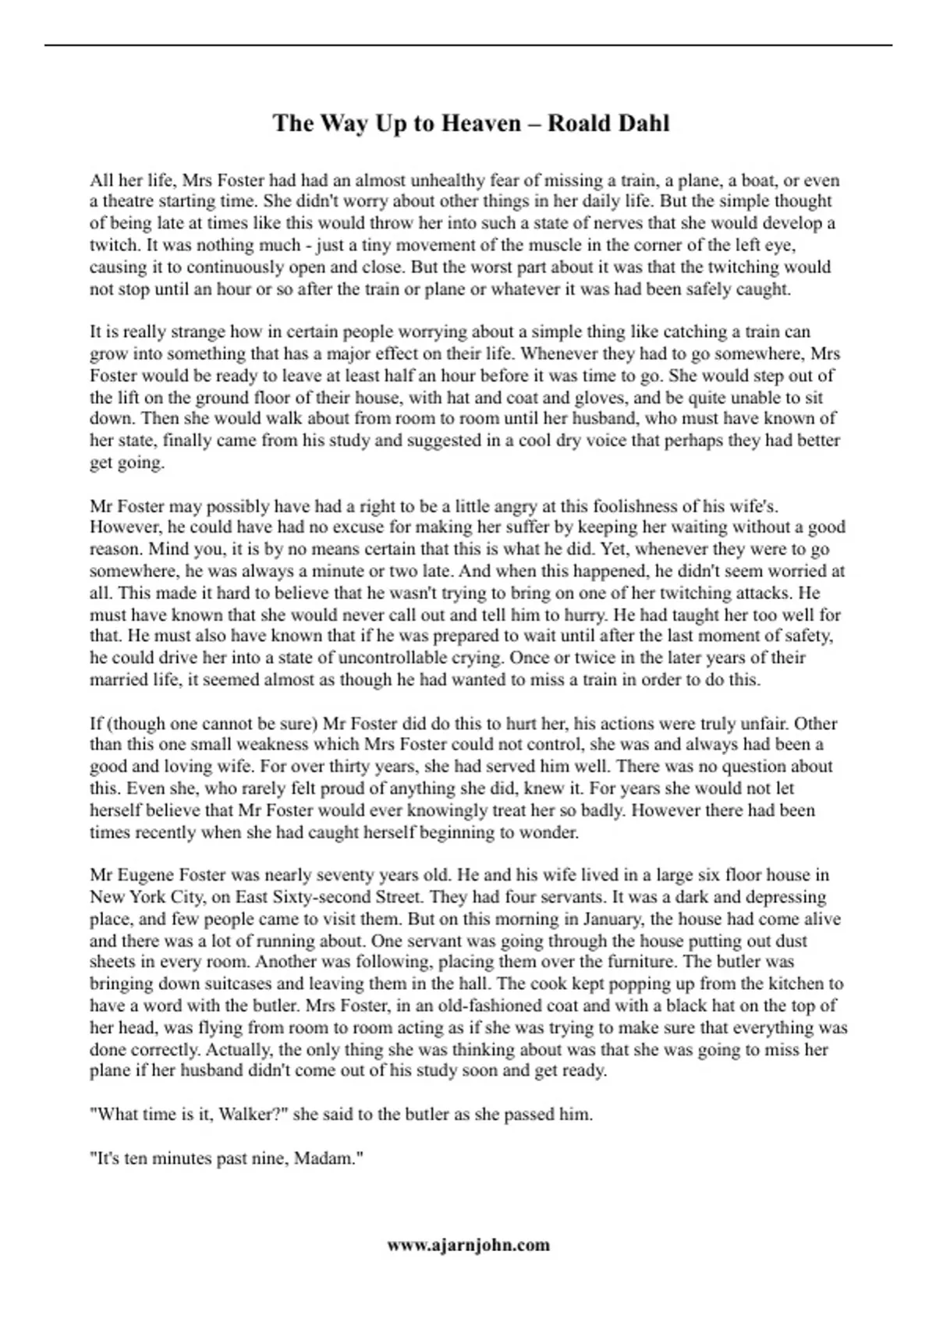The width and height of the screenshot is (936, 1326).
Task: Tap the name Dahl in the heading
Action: coord(641,123)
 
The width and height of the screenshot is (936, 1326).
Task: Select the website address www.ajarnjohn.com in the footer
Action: coord(468,1244)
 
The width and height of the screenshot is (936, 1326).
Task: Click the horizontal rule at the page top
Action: coord(468,45)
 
